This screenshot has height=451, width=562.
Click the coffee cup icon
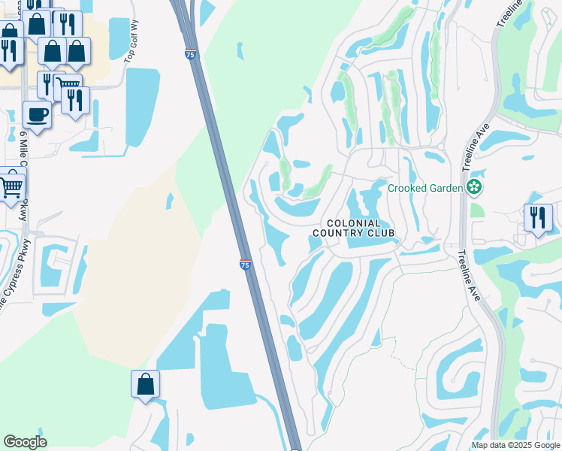click(36, 114)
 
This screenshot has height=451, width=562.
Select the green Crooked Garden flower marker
click(474, 187)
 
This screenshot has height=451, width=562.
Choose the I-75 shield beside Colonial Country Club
click(246, 265)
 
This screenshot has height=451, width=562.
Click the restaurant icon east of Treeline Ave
click(538, 218)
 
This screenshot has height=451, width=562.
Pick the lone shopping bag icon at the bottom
click(145, 384)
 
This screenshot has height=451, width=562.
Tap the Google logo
click(25, 442)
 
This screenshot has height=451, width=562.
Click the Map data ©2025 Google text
click(515, 445)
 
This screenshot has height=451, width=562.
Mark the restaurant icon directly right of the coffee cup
click(75, 100)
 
